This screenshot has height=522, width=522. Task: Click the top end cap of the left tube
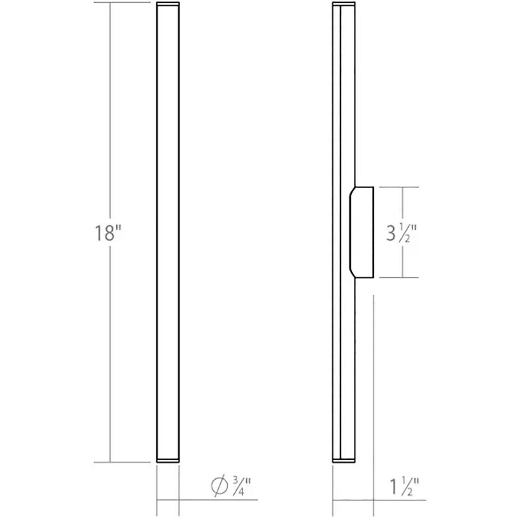(168, 5)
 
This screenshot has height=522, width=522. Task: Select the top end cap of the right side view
(344, 5)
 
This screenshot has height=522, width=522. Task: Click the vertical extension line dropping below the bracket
(373, 372)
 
